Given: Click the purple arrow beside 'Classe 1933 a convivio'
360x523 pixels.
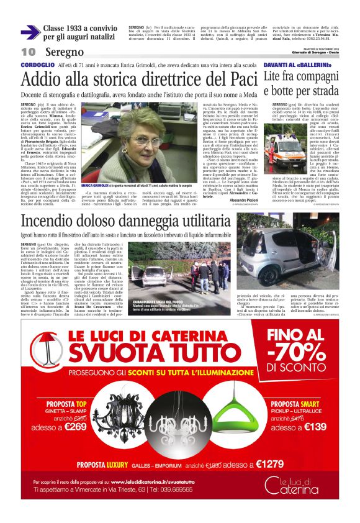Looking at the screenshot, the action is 30,32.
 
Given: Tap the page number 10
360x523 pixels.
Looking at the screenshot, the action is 28,52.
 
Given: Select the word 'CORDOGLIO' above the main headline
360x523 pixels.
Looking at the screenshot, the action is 37,65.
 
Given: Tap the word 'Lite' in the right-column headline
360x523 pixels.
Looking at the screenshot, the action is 276,77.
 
